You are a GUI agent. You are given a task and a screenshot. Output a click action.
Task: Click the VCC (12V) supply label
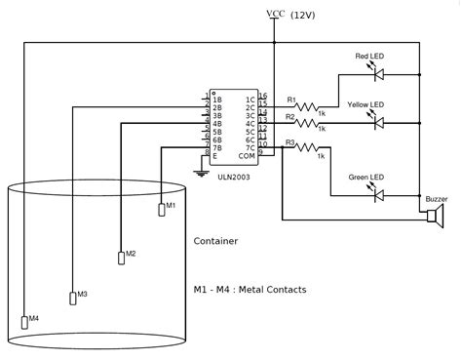pos(290,14)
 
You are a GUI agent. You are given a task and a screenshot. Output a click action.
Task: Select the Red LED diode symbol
pos(379,74)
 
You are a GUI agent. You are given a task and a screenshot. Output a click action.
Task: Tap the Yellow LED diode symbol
pos(379,124)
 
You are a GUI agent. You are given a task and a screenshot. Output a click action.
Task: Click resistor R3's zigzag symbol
pos(308,148)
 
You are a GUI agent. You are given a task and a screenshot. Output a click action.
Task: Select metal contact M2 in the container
pos(121,257)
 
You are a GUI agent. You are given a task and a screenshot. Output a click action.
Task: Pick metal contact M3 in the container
pos(72,297)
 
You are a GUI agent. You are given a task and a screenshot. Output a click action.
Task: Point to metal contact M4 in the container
pos(24,322)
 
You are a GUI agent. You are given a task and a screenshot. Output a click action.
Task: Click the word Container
pos(215,241)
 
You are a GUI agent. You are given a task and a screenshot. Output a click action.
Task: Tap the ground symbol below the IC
pos(201,173)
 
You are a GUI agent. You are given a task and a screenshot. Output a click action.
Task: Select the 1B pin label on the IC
pos(218,99)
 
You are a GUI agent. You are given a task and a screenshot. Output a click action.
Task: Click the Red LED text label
pos(371,57)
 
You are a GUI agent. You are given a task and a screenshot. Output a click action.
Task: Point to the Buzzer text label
pos(436,198)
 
